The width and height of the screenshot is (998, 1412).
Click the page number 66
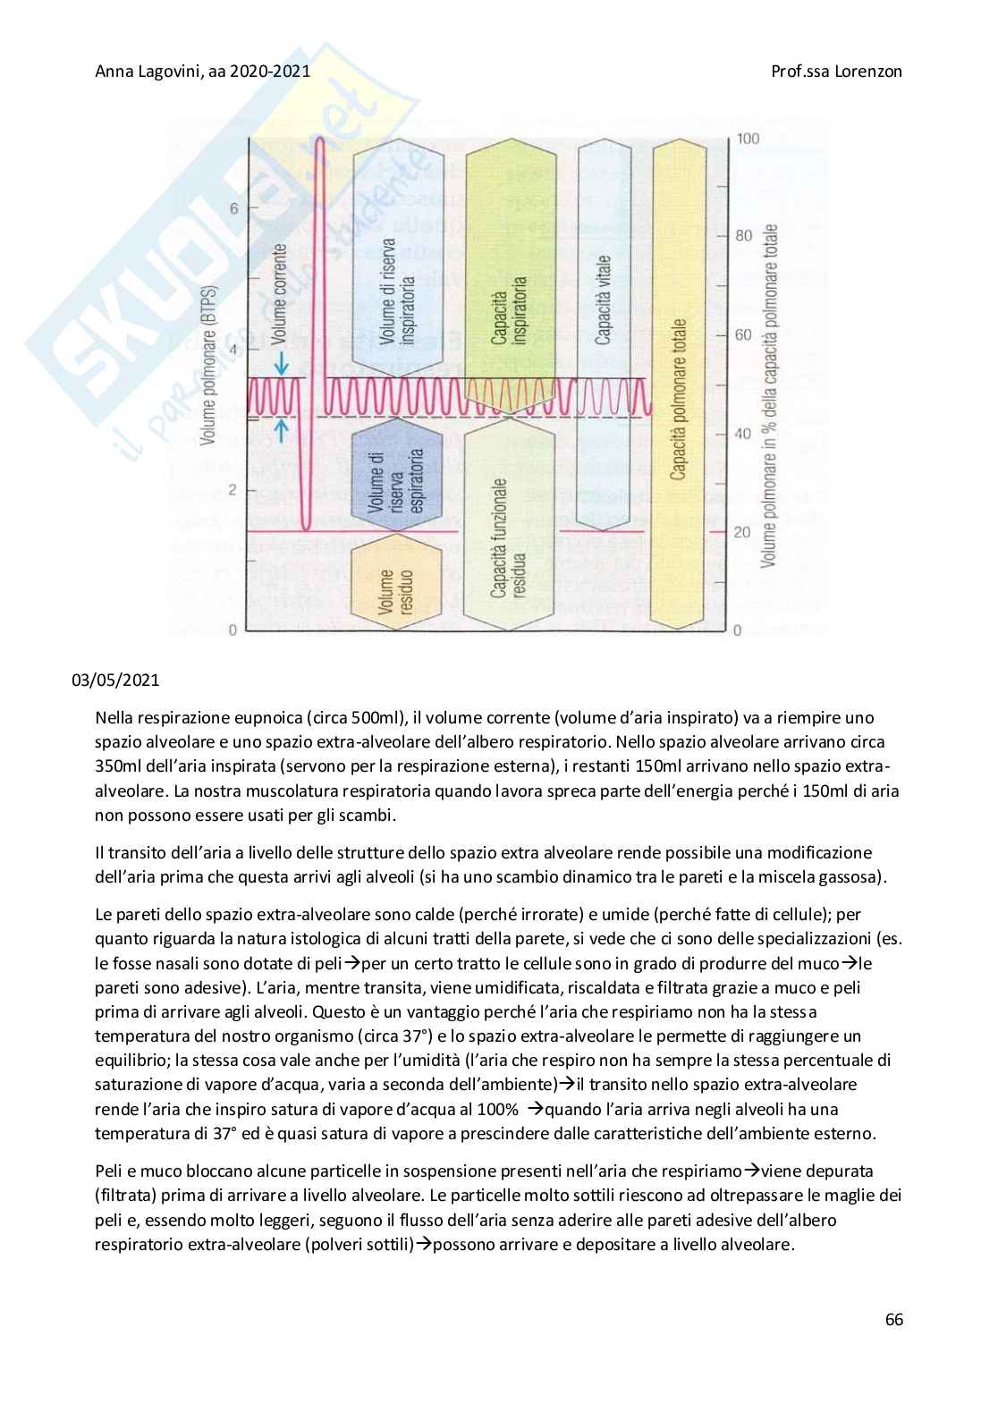[x=893, y=1320]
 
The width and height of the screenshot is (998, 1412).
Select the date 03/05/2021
[x=115, y=680]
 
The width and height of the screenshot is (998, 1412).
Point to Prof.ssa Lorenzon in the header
[x=836, y=71]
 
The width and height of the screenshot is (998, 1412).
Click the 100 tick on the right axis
[x=748, y=139]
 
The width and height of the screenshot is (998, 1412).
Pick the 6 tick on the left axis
[x=234, y=208]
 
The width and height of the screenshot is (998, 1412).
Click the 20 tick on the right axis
[x=742, y=532]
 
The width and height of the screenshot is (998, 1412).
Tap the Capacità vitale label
[x=603, y=300]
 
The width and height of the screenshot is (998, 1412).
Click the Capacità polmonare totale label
[x=679, y=398]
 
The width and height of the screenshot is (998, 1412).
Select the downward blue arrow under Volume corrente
[x=282, y=363]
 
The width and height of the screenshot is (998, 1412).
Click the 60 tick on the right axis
[x=743, y=334]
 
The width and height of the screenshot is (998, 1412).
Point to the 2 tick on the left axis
[x=234, y=490]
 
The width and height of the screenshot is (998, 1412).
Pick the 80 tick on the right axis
[x=743, y=236]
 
